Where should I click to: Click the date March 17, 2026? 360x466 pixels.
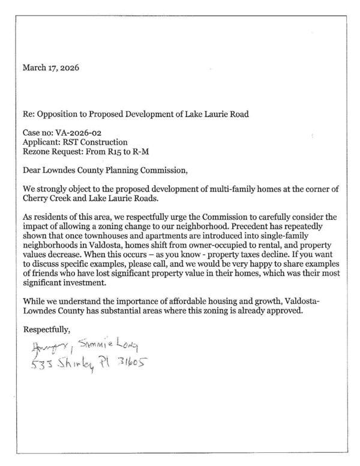[50, 67]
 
